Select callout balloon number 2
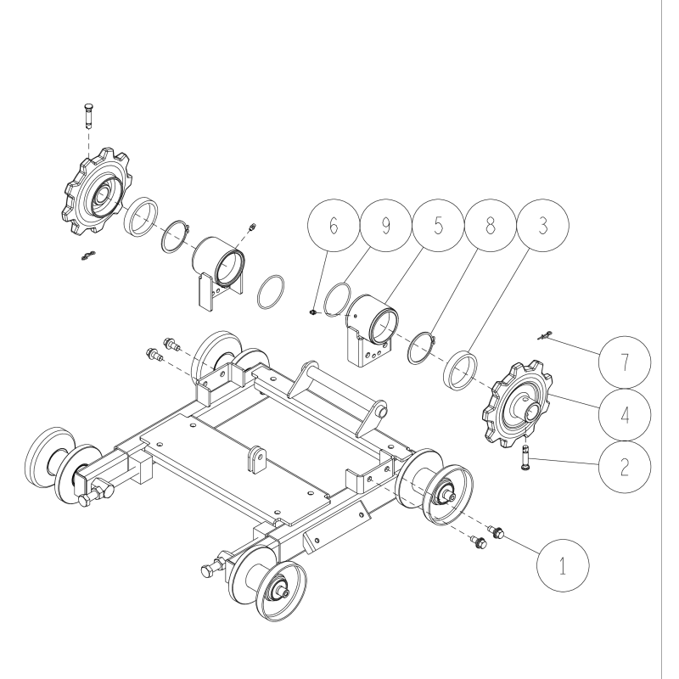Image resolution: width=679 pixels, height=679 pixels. (624, 468)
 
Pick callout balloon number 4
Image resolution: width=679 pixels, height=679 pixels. (624, 416)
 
